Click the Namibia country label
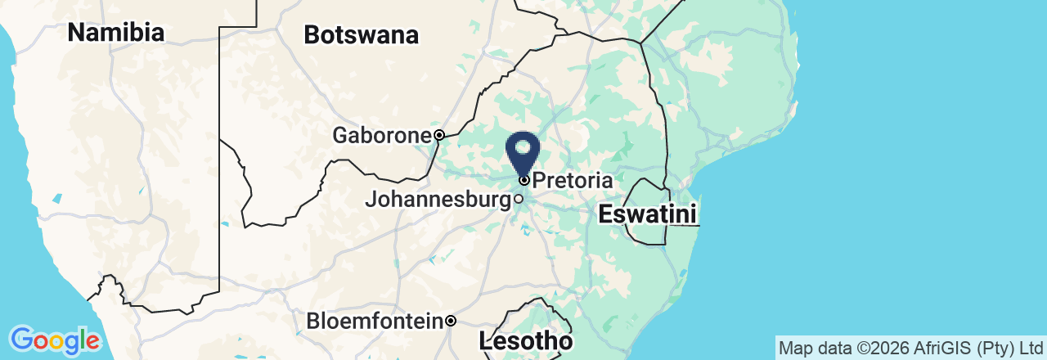click(115, 33)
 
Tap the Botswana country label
click(361, 35)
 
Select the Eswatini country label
click(647, 215)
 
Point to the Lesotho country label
click(525, 340)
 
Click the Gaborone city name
click(381, 135)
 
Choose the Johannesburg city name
click(438, 199)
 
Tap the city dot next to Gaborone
click(439, 135)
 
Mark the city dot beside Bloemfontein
click(451, 322)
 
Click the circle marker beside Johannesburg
click(519, 199)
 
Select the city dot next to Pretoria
click(523, 180)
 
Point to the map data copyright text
click(910, 348)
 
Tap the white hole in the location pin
click(523, 149)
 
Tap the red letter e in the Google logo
click(92, 340)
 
